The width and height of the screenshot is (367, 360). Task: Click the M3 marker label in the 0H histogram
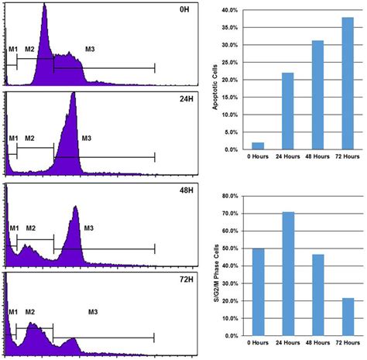point(91,50)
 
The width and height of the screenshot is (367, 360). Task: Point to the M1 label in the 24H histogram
point(13,139)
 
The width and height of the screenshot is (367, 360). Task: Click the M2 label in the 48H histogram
point(31,228)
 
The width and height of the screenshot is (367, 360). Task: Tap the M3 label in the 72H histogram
point(92,311)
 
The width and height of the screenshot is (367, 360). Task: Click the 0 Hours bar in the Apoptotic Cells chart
point(258,146)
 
